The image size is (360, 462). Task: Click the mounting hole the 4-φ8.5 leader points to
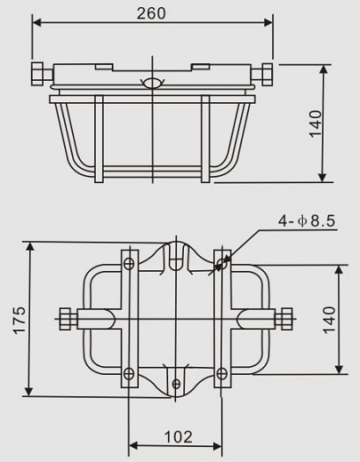[x=222, y=261]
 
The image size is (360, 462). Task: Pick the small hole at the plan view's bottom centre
[x=176, y=383]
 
